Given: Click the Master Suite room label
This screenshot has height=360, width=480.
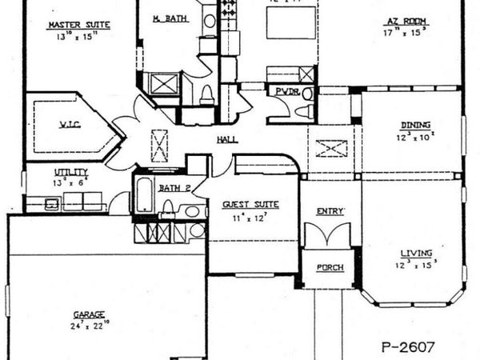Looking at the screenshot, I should point(78,26).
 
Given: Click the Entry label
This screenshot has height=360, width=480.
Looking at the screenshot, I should point(330,210).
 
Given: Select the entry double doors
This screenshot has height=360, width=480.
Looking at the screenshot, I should point(329,237).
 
